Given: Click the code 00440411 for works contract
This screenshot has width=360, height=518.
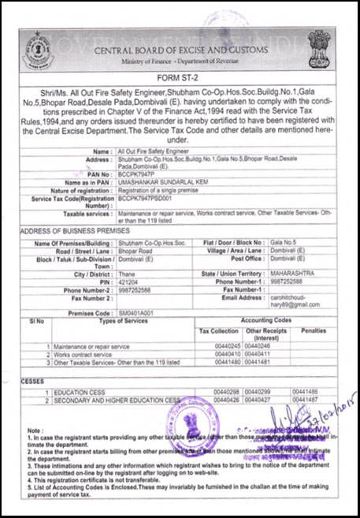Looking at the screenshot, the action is click(x=258, y=354).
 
